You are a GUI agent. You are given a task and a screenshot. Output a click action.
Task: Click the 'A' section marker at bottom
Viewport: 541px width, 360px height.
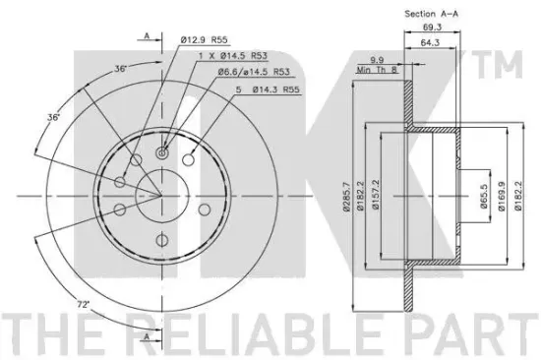[x=147, y=337]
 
